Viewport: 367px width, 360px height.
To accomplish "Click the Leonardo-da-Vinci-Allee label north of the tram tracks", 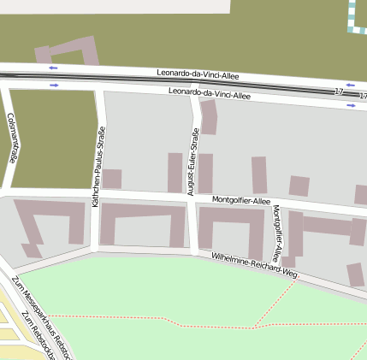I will click(x=198, y=75).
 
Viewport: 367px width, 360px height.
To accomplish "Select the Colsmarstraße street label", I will click(x=12, y=138).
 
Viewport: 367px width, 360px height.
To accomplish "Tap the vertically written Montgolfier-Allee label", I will click(x=276, y=232).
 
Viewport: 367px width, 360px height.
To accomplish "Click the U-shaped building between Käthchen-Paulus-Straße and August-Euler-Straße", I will click(x=142, y=224).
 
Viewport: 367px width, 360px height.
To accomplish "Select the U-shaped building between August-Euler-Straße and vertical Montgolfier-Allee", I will click(x=231, y=229).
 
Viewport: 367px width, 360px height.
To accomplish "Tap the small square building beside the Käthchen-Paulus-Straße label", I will click(x=112, y=179).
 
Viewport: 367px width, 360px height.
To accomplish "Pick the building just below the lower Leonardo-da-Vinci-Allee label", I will click(x=209, y=116).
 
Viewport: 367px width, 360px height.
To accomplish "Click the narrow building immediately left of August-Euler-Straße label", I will click(x=175, y=172).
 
